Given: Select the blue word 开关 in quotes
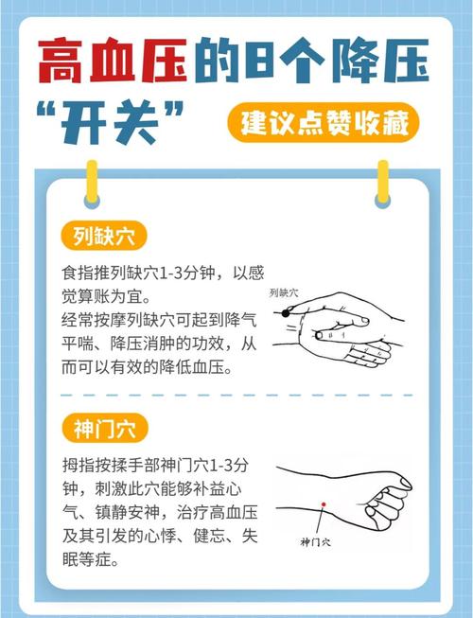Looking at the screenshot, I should pyautogui.click(x=122, y=125).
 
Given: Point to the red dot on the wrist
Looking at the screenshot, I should pyautogui.click(x=323, y=503).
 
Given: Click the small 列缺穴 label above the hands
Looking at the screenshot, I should pyautogui.click(x=283, y=292).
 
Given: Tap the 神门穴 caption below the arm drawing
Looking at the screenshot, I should pyautogui.click(x=315, y=542).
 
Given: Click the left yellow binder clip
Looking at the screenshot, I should pyautogui.click(x=92, y=182).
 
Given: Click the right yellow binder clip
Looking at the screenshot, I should pyautogui.click(x=382, y=182).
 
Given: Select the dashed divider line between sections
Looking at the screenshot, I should pyautogui.click(x=236, y=395).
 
